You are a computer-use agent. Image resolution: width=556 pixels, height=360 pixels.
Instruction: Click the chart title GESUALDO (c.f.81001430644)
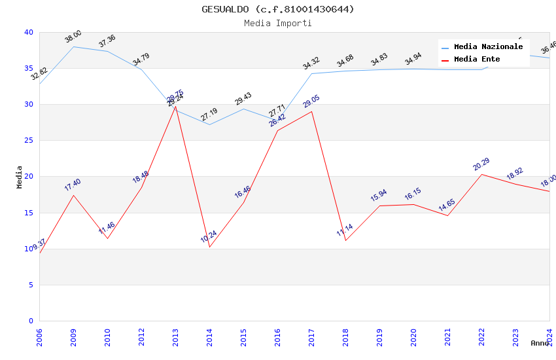pos(278,9)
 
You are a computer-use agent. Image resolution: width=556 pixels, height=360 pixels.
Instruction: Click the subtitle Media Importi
pos(278,23)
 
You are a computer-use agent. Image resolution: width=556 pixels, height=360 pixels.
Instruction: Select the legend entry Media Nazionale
pos(488,47)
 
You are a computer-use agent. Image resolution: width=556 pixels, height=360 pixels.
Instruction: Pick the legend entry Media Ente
pos(477,60)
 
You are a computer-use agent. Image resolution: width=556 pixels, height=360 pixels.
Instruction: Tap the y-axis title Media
pos(20,177)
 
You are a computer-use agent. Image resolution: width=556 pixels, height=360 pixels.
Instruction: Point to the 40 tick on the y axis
pos(28,32)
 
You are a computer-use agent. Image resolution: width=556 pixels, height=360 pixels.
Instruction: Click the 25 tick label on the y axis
pos(28,141)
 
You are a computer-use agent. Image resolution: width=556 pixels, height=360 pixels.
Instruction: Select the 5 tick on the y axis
pos(31,285)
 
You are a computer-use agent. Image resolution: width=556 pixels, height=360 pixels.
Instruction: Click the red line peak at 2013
pos(175,106)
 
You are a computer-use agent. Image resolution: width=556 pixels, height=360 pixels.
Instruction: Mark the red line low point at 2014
pos(209,247)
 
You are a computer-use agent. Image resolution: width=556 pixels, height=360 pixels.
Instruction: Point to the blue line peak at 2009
pos(73,46)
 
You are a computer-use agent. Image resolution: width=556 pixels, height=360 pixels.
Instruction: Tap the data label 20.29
pos(481,164)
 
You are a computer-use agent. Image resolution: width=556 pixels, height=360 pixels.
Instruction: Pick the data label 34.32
pos(311,63)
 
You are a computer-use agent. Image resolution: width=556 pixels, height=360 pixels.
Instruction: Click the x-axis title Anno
pos(540,343)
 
